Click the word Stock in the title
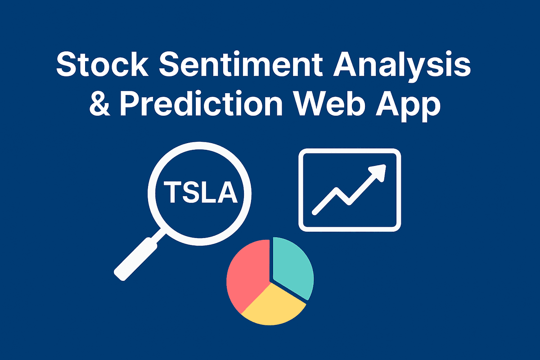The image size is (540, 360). coord(102,64)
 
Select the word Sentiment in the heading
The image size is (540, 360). coord(241,64)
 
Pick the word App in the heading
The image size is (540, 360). coord(408,106)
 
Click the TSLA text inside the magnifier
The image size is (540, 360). coord(201,193)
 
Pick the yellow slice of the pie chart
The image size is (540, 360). coord(274,305)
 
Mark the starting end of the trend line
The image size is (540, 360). coord(314,213)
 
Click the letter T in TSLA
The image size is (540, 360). coord(172,193)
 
